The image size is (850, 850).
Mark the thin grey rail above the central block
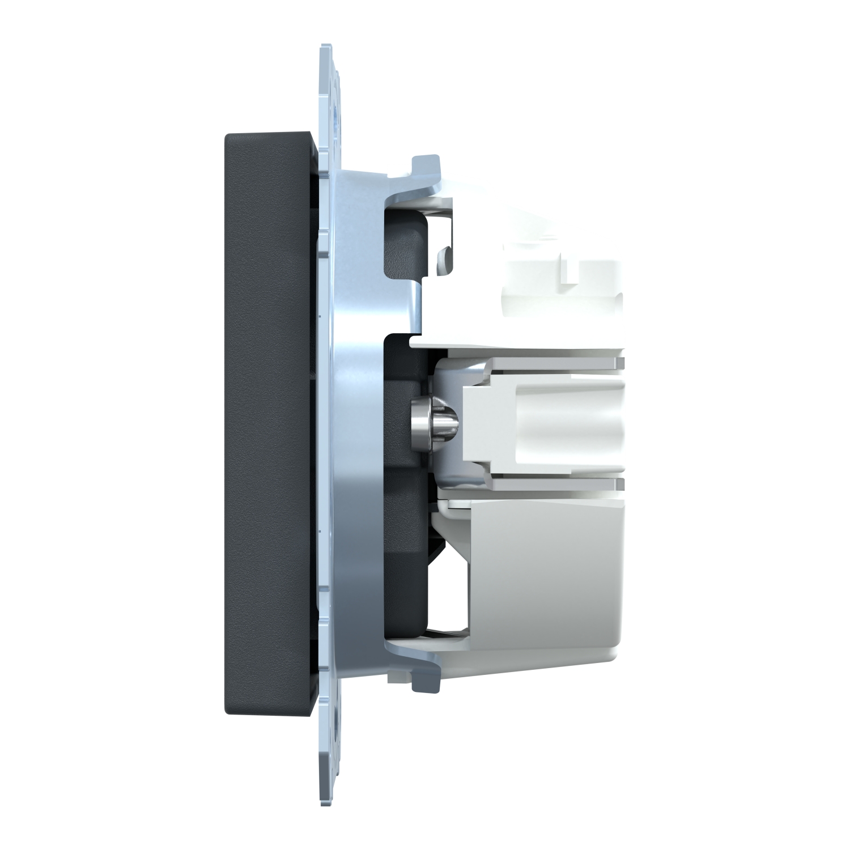[533, 363]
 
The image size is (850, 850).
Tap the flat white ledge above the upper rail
[510, 343]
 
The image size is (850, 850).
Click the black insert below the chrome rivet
[405, 510]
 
